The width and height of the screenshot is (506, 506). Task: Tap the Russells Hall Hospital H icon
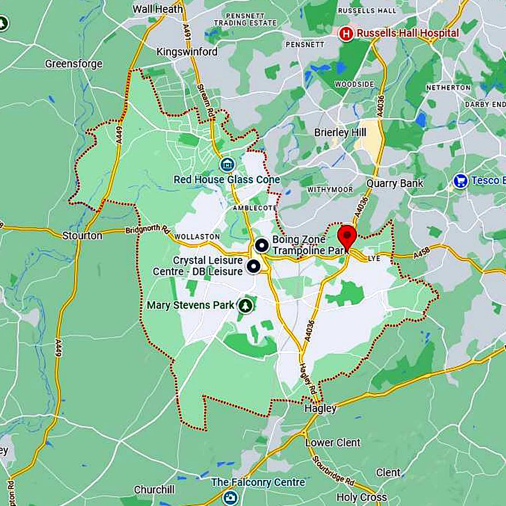coord(346,34)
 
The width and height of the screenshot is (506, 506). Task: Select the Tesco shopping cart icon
coord(460,180)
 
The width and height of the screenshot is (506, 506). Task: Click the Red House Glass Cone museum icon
coord(227,165)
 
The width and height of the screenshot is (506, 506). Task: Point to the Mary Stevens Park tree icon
coord(245,305)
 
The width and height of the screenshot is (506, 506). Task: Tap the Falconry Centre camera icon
coord(229,497)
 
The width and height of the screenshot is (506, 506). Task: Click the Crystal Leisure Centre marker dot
coord(254,266)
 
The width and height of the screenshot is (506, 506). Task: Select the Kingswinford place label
coord(187,52)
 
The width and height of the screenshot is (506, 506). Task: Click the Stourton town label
coord(83,236)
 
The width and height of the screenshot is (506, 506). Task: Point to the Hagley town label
coord(320,409)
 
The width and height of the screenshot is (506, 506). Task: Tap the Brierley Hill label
coord(340,133)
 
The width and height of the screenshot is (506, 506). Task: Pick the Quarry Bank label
coord(395,183)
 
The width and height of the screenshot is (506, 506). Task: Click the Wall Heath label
coord(158,9)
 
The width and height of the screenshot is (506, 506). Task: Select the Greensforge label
coord(74,64)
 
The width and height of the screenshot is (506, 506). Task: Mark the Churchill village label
coord(154,489)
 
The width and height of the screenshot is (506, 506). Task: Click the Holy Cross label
coord(362,497)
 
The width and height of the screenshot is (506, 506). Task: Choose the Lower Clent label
coord(333,442)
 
